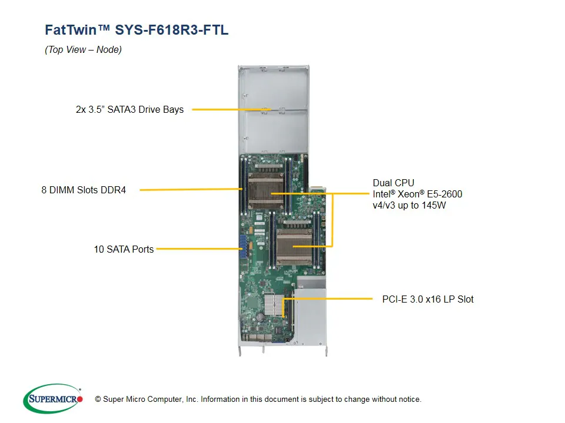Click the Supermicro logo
(52, 399)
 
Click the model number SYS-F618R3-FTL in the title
(171, 30)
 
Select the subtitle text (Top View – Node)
(83, 50)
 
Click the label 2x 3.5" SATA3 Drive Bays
(129, 109)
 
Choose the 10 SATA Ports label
(124, 249)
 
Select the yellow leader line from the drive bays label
(230, 109)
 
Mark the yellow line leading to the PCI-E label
(330, 299)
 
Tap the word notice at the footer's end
(408, 399)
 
